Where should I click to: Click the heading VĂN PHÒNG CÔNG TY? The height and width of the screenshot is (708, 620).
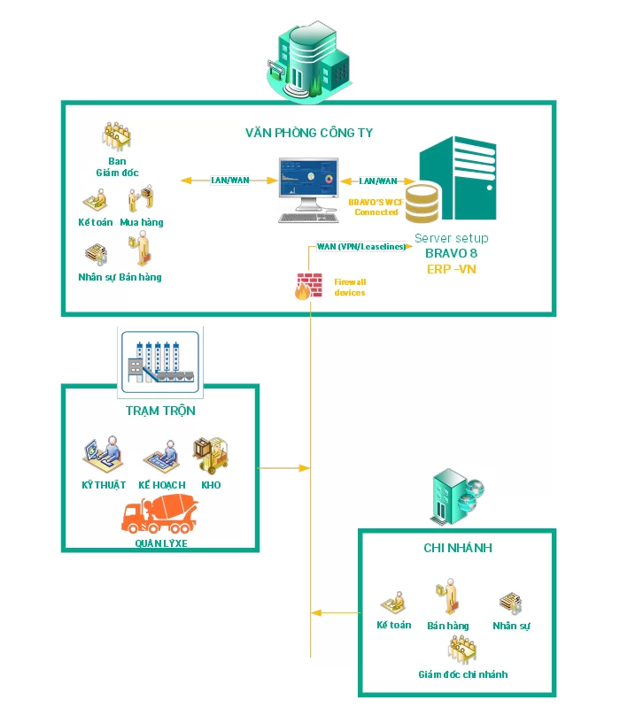pyautogui.click(x=309, y=133)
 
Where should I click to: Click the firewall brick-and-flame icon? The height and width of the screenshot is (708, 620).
pyautogui.click(x=303, y=287)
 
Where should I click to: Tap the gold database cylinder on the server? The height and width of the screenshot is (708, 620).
pyautogui.click(x=422, y=203)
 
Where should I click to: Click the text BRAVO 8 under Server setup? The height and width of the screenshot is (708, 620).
pyautogui.click(x=451, y=253)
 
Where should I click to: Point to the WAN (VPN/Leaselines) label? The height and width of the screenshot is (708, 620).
pyautogui.click(x=361, y=247)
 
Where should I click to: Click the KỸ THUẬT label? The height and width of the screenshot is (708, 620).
pyautogui.click(x=105, y=485)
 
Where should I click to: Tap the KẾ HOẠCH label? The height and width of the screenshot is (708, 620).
pyautogui.click(x=162, y=485)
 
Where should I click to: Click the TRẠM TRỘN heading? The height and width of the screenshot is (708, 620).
pyautogui.click(x=160, y=411)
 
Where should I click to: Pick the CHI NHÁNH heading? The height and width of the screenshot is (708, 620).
pyautogui.click(x=457, y=549)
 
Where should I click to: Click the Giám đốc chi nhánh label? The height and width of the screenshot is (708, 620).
pyautogui.click(x=463, y=674)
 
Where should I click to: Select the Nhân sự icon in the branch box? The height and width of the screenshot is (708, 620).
pyautogui.click(x=510, y=604)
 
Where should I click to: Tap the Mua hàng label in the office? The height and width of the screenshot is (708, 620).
pyautogui.click(x=142, y=222)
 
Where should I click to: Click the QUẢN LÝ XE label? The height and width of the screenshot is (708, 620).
pyautogui.click(x=161, y=543)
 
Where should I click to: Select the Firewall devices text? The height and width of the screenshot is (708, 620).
pyautogui.click(x=349, y=287)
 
